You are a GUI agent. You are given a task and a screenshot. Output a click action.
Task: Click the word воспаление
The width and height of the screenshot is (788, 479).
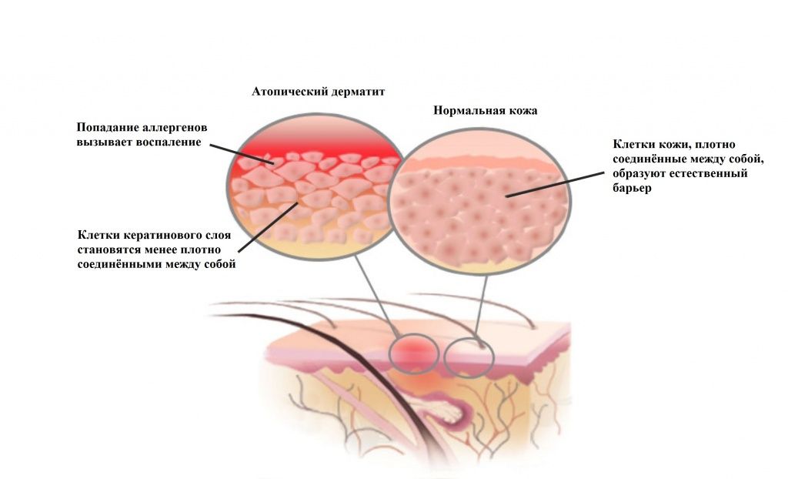tap(169, 142)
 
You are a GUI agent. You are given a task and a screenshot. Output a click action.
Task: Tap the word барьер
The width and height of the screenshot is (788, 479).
tap(633, 188)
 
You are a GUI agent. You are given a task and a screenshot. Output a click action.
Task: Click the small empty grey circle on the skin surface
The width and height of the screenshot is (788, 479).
tap(469, 358)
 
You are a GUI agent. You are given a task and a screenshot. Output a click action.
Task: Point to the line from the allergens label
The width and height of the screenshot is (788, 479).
tap(239, 154)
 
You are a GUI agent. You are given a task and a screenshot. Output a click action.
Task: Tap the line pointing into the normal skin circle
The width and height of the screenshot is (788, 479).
tap(555, 184)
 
